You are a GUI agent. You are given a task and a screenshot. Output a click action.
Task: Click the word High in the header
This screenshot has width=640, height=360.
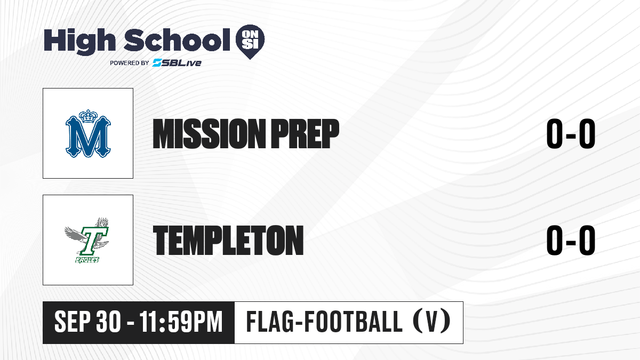pos(79,41)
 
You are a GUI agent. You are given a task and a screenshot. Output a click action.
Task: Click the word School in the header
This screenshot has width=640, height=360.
pos(177,40)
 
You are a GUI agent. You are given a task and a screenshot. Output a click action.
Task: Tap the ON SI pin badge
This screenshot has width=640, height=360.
pos(250,42)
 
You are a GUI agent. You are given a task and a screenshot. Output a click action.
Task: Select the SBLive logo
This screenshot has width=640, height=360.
pos(177,63)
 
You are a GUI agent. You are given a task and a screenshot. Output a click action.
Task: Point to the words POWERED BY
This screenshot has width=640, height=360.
pos(129,63)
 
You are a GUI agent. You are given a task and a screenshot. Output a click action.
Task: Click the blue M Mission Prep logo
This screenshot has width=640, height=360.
pos(88,133)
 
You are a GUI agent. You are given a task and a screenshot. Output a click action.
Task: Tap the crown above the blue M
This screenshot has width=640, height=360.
pos(88,117)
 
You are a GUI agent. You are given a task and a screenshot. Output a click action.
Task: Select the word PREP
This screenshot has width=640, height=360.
pos(305,134)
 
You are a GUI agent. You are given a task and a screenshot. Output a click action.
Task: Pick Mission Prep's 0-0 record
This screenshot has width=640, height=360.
pos(571,134)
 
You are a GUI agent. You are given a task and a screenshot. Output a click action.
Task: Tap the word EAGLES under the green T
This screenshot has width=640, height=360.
pos(87,260)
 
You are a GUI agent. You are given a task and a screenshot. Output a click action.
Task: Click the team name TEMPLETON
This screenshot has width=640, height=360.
pos(228,241)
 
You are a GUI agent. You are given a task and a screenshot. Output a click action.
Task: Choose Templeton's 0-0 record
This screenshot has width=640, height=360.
pos(571,240)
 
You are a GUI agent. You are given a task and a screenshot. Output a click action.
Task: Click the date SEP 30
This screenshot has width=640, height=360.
pos(87,322)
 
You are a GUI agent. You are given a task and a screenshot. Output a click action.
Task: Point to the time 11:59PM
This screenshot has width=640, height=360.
pos(181,322)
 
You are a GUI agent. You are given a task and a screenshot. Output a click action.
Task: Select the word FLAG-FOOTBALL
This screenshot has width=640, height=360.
pos(324,322)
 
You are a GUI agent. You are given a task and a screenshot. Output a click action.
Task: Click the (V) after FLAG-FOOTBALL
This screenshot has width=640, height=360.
pos(431,322)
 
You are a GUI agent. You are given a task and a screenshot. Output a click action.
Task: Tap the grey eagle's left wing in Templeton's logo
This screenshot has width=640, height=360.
pos(74,234)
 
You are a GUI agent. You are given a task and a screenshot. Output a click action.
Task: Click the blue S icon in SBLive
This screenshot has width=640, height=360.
pos(157,63)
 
